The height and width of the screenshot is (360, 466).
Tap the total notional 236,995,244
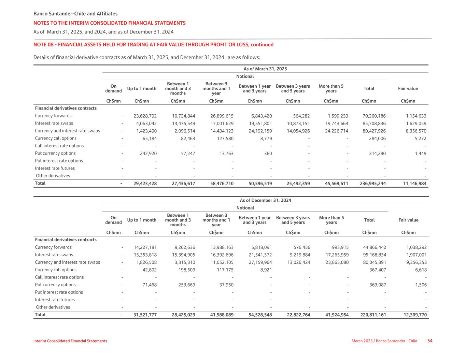click(x=373, y=184)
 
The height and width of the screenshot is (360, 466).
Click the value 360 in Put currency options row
click(x=268, y=154)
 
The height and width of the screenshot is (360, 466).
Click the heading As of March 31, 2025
click(x=265, y=69)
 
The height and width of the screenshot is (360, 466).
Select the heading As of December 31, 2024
click(x=265, y=200)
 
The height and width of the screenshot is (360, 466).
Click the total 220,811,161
click(x=373, y=315)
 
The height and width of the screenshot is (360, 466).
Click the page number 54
click(x=430, y=341)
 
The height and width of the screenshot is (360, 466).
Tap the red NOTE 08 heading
click(x=153, y=45)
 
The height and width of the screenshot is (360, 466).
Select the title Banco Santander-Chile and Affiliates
click(x=75, y=14)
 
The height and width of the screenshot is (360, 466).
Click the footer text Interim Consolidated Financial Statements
click(x=70, y=341)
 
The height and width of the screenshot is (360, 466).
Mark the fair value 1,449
click(x=421, y=154)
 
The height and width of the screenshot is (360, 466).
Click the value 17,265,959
click(x=337, y=255)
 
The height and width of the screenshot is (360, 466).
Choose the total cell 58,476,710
click(x=222, y=184)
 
